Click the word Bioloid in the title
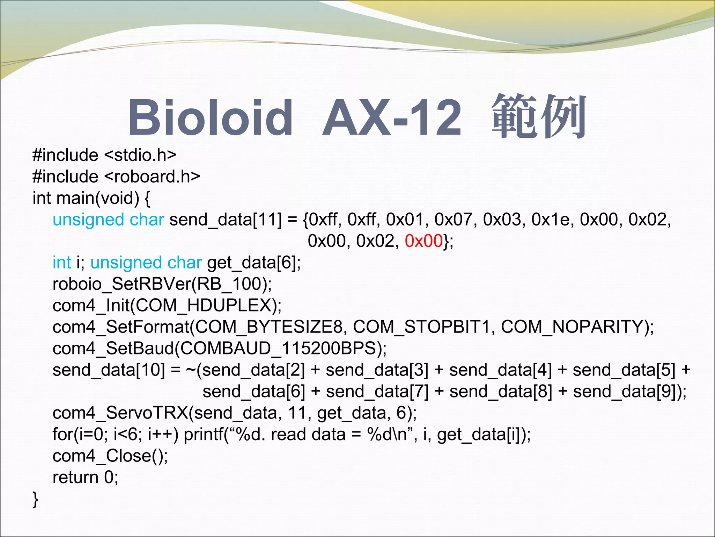coord(211,117)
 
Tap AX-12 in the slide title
coord(392,117)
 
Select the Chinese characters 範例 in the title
coord(538,117)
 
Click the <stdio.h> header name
coord(140,155)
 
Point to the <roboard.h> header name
coord(152,177)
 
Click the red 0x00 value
coord(424,241)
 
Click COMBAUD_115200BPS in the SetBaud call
coord(278,349)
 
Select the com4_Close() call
coord(110,456)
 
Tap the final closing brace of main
coord(35,499)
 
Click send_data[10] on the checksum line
coord(109,370)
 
